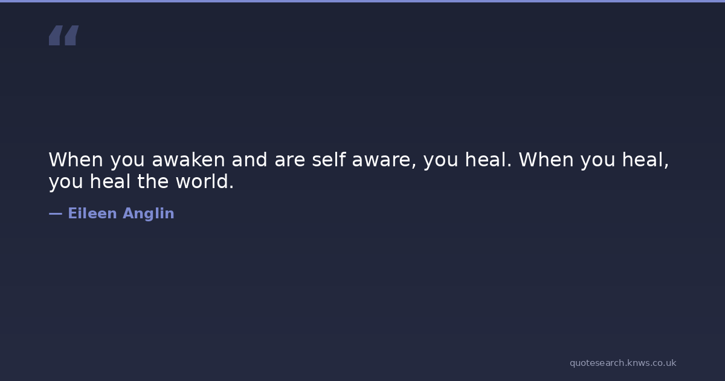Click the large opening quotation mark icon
[64, 35]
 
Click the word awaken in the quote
[188, 160]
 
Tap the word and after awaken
[250, 160]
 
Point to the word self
[329, 160]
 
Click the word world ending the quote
[205, 181]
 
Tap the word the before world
[153, 181]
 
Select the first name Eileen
[92, 213]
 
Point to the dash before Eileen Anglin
[56, 214]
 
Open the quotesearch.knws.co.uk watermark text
[623, 363]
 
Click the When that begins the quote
[76, 160]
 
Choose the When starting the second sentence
[546, 160]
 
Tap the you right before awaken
[127, 161]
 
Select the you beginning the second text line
[66, 183]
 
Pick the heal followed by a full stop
[488, 160]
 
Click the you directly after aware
[440, 161]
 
